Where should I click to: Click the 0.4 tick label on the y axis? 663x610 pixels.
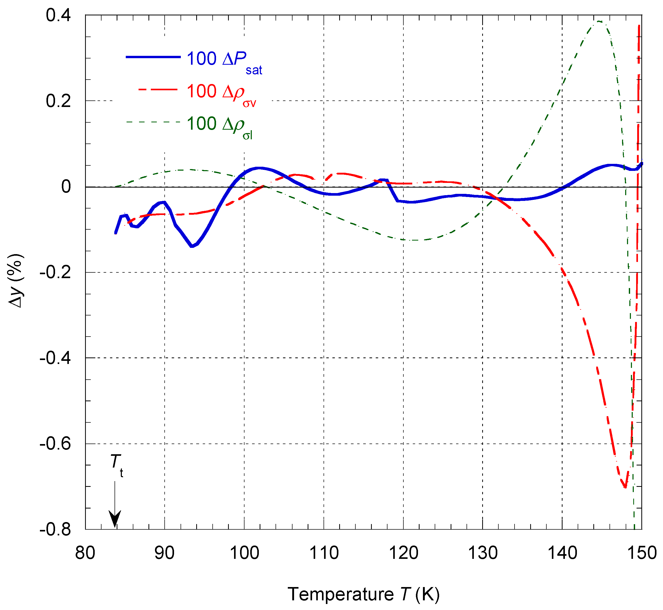coord(58,15)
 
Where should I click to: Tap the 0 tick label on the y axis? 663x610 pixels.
coord(66,187)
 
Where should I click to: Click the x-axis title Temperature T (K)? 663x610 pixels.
coord(363,594)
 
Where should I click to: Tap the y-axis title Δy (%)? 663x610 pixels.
coord(16,280)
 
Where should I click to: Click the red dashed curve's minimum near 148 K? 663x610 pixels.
coord(625,486)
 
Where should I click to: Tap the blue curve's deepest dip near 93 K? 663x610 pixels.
coord(192,246)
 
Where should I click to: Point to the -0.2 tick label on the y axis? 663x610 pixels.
coord(55,272)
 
